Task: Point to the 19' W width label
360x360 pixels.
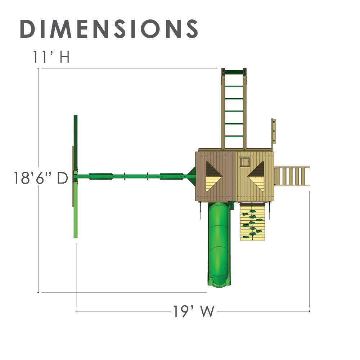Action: (193, 311)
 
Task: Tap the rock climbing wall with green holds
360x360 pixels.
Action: (253, 221)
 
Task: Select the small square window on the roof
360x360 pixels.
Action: (245, 162)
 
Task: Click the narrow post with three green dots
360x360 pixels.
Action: (273, 131)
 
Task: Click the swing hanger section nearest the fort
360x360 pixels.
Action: (171, 176)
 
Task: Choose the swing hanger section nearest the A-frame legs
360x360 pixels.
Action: (101, 176)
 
